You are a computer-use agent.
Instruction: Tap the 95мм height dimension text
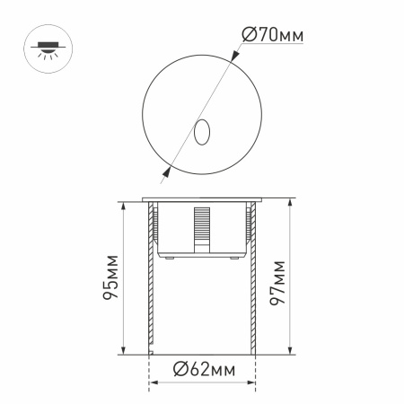pos(108,279)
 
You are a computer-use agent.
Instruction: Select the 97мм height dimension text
pos(277,279)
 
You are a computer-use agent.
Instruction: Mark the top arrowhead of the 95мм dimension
pos(121,207)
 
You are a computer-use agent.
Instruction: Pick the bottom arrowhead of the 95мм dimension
pos(121,351)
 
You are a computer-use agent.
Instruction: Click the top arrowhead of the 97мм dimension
pos(289,203)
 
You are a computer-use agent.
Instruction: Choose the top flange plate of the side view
pos(201,199)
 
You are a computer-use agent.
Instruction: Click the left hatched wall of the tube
pos(148,278)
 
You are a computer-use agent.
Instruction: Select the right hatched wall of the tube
pos(254,278)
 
